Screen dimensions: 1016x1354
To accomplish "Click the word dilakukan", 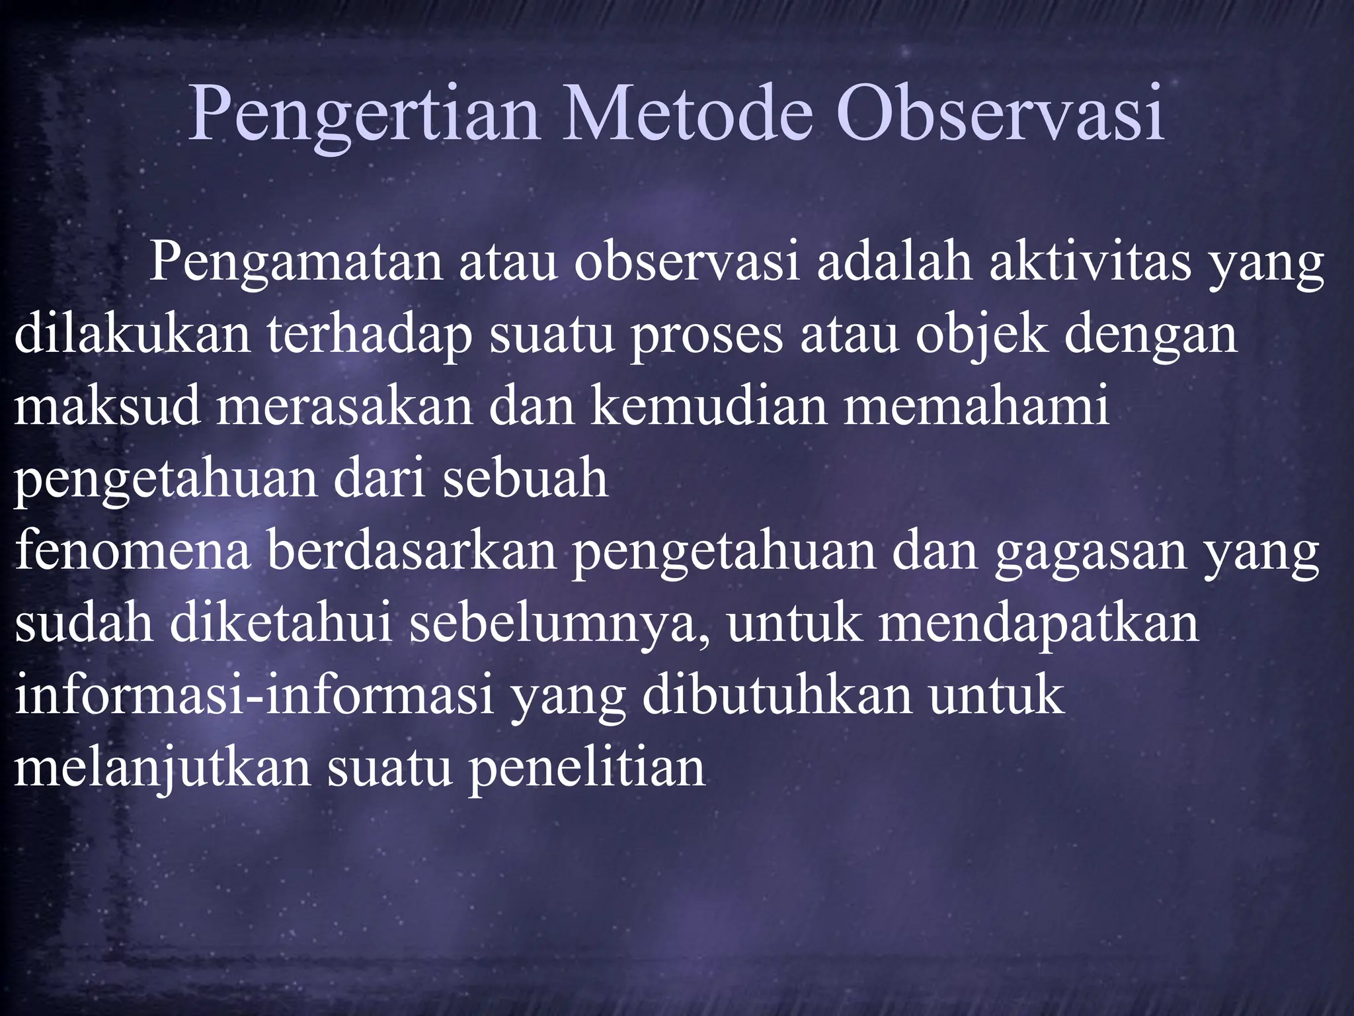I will [x=132, y=334].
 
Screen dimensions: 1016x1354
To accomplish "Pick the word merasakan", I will [x=344, y=406].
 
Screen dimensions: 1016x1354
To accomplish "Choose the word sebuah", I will [x=525, y=478].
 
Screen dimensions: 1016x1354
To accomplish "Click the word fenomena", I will [x=132, y=550].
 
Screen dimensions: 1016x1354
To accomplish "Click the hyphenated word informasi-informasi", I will [x=255, y=695].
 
